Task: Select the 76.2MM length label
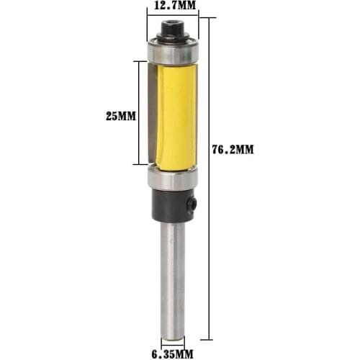pos(235,149)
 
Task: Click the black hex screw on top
pos(173,31)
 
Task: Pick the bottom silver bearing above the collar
pos(173,179)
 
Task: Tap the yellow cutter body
pos(176,115)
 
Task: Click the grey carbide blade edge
pos(151,115)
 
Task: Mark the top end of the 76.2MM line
pos(210,17)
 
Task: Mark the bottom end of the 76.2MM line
pos(210,337)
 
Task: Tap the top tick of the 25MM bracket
pos(138,61)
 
